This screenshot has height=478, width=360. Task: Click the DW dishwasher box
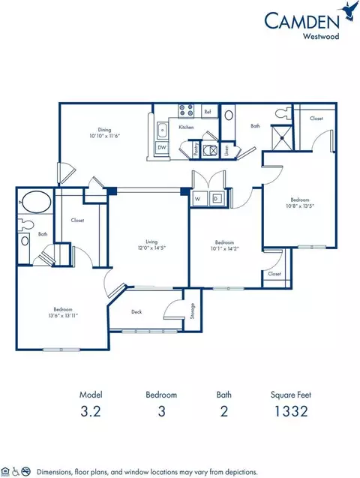(161, 148)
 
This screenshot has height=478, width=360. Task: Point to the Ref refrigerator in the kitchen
(208, 112)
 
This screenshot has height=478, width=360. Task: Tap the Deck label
(137, 311)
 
